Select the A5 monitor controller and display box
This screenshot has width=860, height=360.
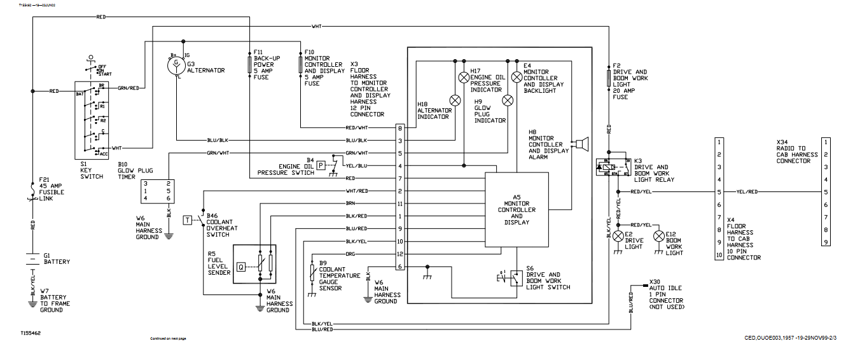click(x=517, y=210)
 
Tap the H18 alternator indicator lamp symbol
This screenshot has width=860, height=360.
click(x=455, y=100)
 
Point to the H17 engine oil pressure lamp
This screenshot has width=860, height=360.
click(x=464, y=78)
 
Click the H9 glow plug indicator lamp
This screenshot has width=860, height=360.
click(x=508, y=100)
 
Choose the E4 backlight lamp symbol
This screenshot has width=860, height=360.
click(x=517, y=78)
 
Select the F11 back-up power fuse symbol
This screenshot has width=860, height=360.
click(x=249, y=64)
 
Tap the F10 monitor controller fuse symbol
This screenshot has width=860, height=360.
click(x=300, y=64)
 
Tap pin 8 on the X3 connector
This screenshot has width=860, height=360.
click(x=400, y=128)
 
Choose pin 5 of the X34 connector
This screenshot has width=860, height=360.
click(x=825, y=191)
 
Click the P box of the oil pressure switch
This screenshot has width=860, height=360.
click(x=322, y=165)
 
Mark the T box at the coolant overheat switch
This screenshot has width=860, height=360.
click(x=188, y=220)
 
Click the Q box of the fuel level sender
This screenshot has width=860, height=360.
click(x=241, y=267)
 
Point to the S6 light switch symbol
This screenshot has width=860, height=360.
click(x=513, y=277)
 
